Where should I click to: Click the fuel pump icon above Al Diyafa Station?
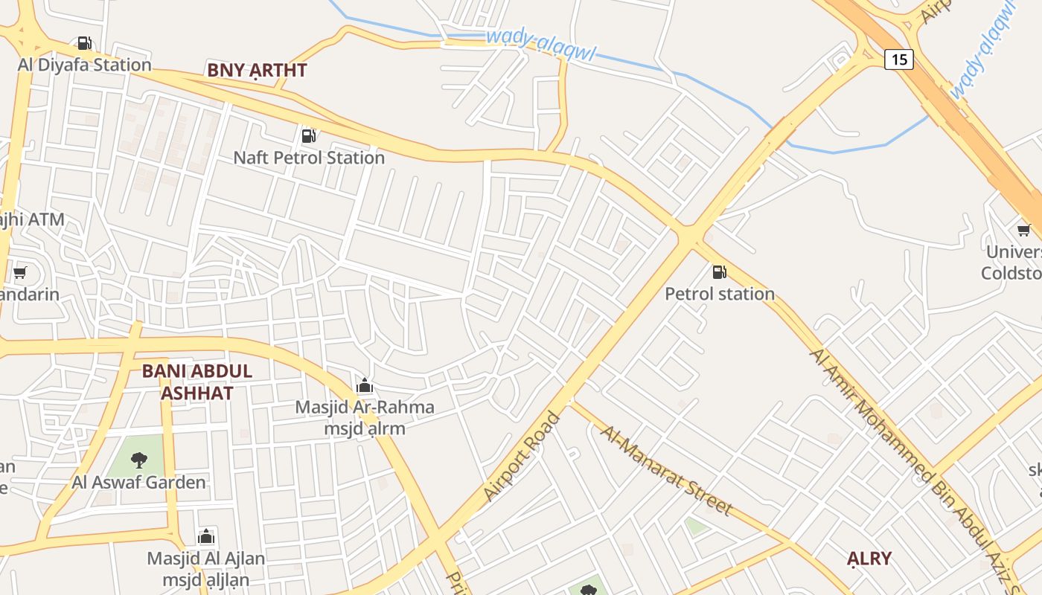point(85,43)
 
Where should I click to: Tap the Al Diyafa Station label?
point(85,65)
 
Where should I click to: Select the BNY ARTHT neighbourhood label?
point(257,71)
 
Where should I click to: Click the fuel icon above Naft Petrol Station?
point(308,136)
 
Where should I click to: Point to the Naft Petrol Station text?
point(309,158)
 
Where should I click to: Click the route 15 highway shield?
point(899,59)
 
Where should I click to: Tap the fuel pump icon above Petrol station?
point(719,272)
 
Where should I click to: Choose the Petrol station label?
point(720,294)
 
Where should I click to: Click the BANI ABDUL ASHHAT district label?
point(197,382)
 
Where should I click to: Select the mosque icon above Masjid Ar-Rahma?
point(365,386)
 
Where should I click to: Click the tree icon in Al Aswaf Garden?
point(138,460)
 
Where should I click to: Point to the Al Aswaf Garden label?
point(139,482)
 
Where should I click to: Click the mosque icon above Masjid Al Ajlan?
point(206,536)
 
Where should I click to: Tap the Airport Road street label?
point(522,455)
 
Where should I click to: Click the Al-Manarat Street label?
point(666,471)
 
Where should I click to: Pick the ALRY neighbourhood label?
point(869,558)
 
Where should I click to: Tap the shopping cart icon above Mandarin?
point(20,273)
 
